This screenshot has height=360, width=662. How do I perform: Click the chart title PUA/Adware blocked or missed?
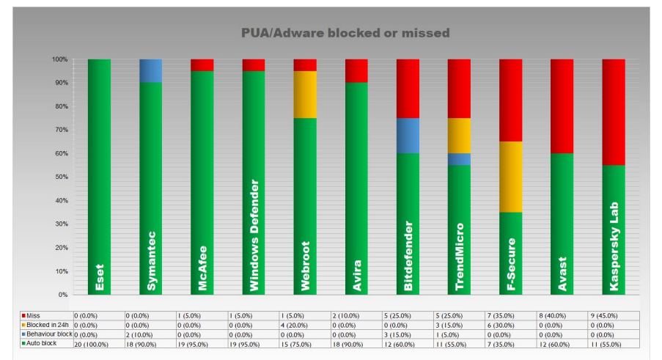[x=345, y=33]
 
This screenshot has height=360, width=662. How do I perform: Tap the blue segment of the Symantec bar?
[x=150, y=70]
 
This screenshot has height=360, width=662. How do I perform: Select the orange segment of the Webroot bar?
[x=305, y=94]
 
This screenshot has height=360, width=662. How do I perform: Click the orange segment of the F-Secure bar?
[x=511, y=176]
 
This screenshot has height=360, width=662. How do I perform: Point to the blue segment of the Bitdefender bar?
[x=408, y=135]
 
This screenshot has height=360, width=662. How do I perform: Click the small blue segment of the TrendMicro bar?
[x=459, y=158]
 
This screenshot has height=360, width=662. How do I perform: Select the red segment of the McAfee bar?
[x=202, y=65]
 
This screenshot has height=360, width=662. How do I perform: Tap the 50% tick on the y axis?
[x=59, y=177]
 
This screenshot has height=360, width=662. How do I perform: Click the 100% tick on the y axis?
[x=59, y=59]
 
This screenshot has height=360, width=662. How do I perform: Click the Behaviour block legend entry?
[x=47, y=334]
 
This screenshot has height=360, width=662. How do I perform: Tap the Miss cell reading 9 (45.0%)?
[x=614, y=315]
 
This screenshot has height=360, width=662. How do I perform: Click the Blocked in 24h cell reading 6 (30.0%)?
[x=511, y=324]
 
